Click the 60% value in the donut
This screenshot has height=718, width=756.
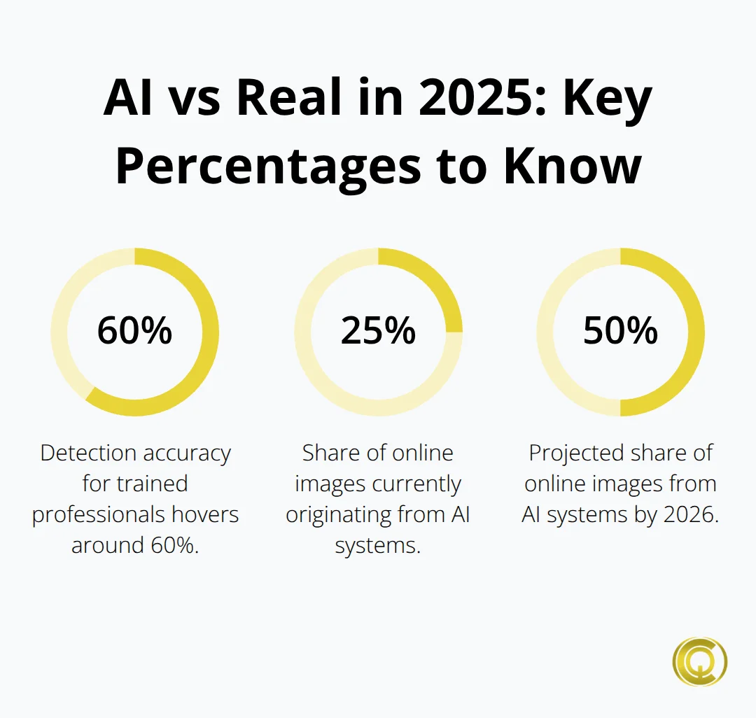click(x=134, y=331)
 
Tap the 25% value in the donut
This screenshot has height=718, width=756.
click(x=378, y=331)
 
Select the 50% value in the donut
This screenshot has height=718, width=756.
click(x=620, y=331)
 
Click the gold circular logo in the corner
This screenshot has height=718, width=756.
click(x=699, y=661)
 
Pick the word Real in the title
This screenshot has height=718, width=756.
click(x=291, y=99)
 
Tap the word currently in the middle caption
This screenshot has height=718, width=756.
click(x=419, y=484)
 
